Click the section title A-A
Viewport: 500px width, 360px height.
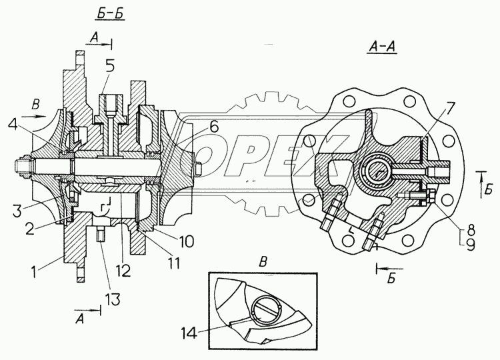click(x=382, y=47)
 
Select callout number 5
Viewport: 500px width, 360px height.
click(x=109, y=66)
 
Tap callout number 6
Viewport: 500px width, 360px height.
click(x=213, y=127)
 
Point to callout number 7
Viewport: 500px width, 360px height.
click(x=448, y=109)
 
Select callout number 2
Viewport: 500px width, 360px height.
click(x=30, y=229)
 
